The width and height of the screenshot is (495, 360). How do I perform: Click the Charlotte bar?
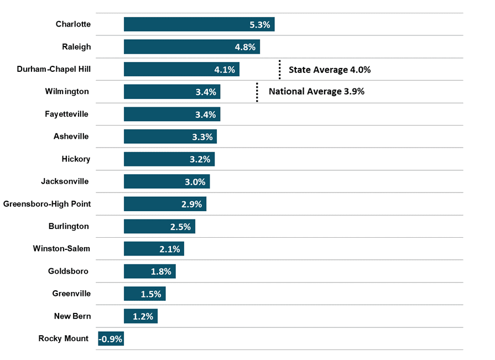pyautogui.click(x=199, y=24)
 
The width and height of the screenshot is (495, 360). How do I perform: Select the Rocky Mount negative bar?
pyautogui.click(x=111, y=338)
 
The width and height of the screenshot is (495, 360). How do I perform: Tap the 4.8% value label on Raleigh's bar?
pyautogui.click(x=245, y=47)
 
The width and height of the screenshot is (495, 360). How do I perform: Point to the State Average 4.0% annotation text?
pyautogui.click(x=330, y=70)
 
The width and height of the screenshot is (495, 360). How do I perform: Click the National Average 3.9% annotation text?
pyautogui.click(x=316, y=91)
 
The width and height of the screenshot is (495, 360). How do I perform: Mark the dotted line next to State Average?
pyautogui.click(x=279, y=70)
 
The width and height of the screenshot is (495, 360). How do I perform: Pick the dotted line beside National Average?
pyautogui.click(x=257, y=92)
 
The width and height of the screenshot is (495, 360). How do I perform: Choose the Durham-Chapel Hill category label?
pyautogui.click(x=54, y=69)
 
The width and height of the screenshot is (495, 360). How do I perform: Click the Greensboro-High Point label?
pyautogui.click(x=47, y=204)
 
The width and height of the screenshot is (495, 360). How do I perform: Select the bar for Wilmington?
pyautogui.click(x=172, y=92)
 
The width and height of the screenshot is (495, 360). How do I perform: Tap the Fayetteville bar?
pyautogui.click(x=172, y=114)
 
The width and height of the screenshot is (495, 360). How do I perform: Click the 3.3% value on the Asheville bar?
pyautogui.click(x=202, y=137)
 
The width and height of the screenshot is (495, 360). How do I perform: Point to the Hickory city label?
pyautogui.click(x=76, y=159)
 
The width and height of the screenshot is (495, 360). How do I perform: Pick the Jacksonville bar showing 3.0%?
pyautogui.click(x=166, y=181)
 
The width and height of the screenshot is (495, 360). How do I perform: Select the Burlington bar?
pyautogui.click(x=159, y=227)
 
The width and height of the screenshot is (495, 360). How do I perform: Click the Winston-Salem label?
pyautogui.click(x=61, y=249)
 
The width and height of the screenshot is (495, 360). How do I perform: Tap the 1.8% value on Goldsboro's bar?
pyautogui.click(x=161, y=272)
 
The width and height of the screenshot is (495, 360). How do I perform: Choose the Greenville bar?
pyautogui.click(x=144, y=294)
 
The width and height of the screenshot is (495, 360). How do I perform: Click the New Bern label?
pyautogui.click(x=72, y=316)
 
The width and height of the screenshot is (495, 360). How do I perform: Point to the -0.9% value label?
pyautogui.click(x=111, y=339)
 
